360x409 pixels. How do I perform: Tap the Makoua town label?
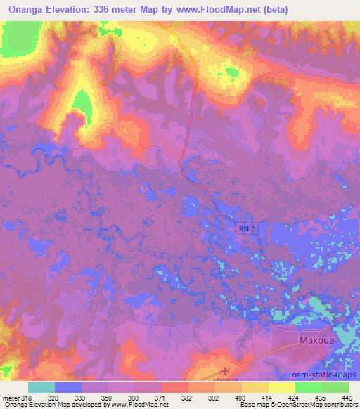tap(310, 340)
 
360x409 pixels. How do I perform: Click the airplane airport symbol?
tap(225, 370)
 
